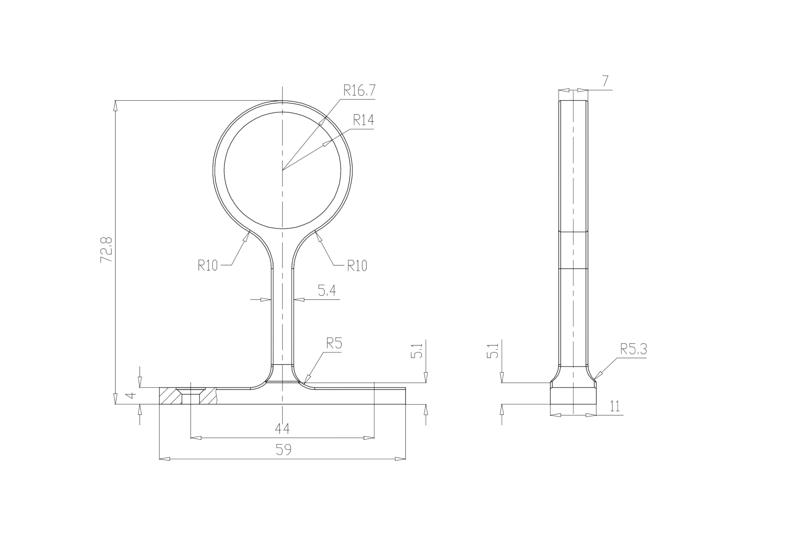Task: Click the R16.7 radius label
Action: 359,91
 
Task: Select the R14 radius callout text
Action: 363,120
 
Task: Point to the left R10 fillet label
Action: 208,265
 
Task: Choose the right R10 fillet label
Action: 357,266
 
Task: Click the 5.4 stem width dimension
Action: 327,291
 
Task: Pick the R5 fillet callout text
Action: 334,344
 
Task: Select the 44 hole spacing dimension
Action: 282,428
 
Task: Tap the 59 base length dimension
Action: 283,449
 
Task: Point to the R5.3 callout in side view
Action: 633,349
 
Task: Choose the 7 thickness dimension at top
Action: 605,81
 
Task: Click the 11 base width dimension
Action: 615,407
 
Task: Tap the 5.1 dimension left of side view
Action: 493,351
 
